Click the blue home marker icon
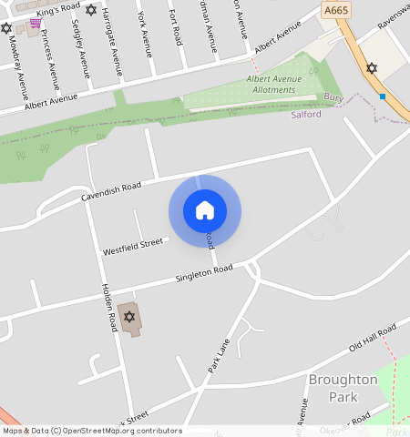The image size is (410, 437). click(x=205, y=210)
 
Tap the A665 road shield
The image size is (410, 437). click(x=336, y=10)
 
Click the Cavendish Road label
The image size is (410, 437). click(x=111, y=191)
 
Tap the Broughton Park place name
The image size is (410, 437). click(x=343, y=388)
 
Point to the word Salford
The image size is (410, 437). click(x=306, y=115)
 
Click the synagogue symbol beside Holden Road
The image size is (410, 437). click(x=128, y=317)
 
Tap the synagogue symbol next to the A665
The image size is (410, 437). click(x=370, y=68)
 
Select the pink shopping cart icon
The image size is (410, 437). click(x=35, y=23)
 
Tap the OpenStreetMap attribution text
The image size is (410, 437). click(x=91, y=431)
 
